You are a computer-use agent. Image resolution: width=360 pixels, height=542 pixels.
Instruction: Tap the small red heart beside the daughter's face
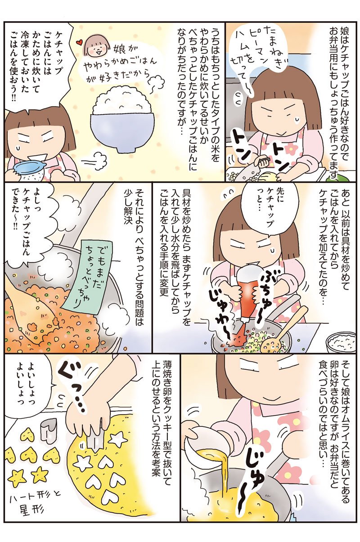click(x=78, y=43)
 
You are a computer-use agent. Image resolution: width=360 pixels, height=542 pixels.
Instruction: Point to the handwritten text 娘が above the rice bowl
click(x=122, y=50)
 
